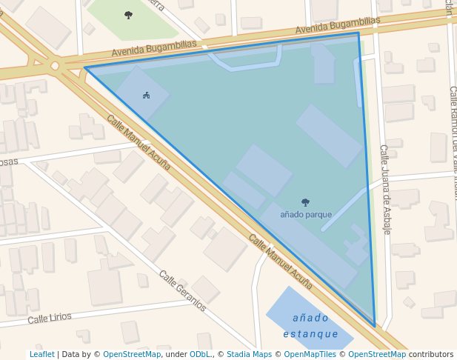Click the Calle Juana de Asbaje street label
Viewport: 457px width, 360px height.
click(384, 188)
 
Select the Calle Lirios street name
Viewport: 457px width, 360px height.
click(50, 319)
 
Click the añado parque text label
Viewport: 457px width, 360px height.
click(306, 215)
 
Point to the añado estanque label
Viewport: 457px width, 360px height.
click(311, 326)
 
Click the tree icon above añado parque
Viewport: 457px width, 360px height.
click(305, 202)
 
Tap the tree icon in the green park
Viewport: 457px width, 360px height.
click(128, 15)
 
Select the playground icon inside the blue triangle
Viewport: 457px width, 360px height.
click(146, 95)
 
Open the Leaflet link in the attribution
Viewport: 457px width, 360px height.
click(41, 354)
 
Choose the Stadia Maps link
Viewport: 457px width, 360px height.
click(249, 354)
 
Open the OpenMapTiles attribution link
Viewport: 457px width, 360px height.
click(309, 354)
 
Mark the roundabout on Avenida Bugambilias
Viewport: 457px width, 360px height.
click(55, 66)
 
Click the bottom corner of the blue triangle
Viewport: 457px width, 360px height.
click(375, 326)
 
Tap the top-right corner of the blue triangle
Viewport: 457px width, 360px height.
click(358, 33)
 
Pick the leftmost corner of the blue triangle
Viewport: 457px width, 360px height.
click(84, 67)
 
